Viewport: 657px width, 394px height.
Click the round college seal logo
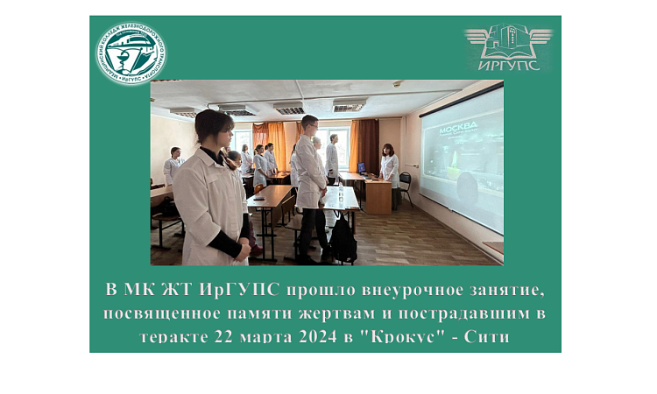click(x=131, y=53)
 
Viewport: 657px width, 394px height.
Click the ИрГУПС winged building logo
click(x=508, y=46)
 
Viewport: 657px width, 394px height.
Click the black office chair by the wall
click(x=405, y=186)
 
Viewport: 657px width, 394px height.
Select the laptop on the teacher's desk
click(x=361, y=169)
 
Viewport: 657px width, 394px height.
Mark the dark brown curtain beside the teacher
click(x=368, y=144)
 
